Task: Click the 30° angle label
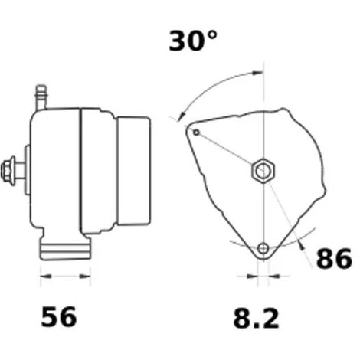tap(193, 41)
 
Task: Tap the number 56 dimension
tap(59, 317)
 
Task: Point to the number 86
tap(334, 258)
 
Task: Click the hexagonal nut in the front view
tap(263, 170)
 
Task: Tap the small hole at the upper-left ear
tap(196, 133)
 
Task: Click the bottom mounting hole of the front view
tap(263, 248)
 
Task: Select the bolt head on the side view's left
tap(6, 170)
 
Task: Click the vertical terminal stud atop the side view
tap(41, 97)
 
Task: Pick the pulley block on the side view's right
tap(133, 171)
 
